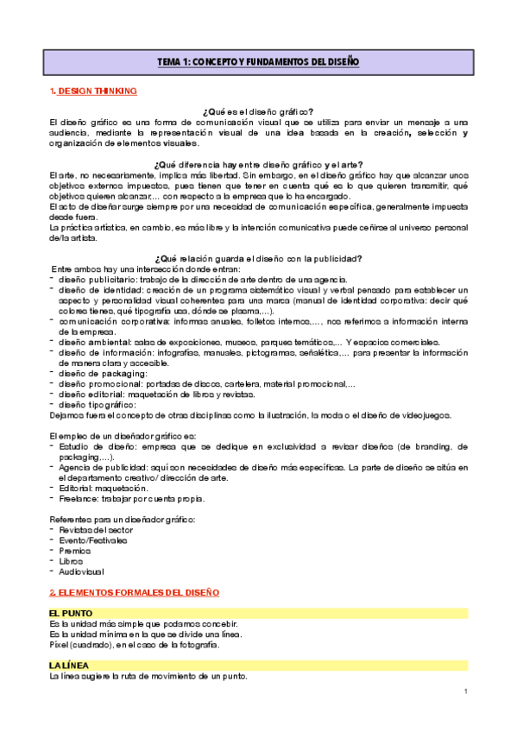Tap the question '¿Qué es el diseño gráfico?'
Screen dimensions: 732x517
(x=257, y=112)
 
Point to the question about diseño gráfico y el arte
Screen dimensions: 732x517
(x=257, y=164)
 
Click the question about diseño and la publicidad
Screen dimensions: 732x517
(x=257, y=258)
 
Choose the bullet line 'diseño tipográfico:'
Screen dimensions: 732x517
(x=97, y=404)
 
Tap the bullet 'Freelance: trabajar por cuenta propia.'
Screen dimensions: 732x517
(x=134, y=498)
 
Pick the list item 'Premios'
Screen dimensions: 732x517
(x=75, y=550)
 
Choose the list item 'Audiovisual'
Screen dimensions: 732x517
(x=80, y=571)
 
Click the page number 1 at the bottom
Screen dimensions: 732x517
(x=465, y=691)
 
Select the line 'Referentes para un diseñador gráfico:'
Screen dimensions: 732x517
(x=123, y=519)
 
